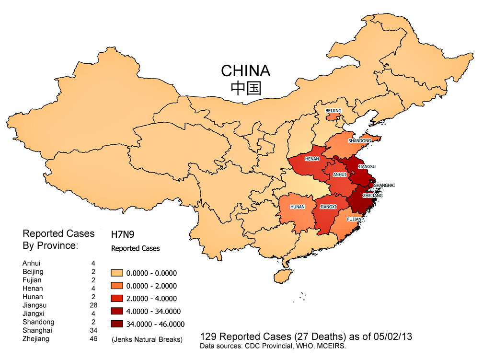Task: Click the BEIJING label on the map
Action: pos(333,111)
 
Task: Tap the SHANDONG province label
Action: pos(359,141)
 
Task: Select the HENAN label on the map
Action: pos(312,159)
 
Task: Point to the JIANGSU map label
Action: pos(367,166)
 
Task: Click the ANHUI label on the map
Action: pos(339,175)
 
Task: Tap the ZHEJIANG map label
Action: pos(372,196)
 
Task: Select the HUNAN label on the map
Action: pos(297,208)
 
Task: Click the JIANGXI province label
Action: pos(328,207)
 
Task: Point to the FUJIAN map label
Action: pos(355,219)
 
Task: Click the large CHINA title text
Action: pos(245,71)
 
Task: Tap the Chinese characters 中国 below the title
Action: pos(245,89)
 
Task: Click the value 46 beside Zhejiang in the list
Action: pos(93,339)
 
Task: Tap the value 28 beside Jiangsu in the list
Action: pos(93,305)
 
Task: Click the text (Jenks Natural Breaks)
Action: pos(147,339)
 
